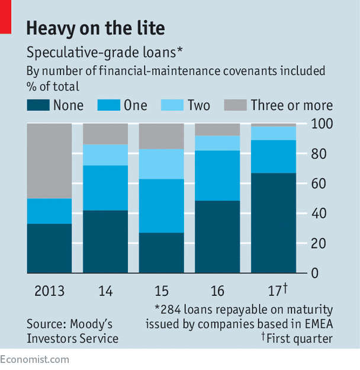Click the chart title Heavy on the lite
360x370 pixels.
click(x=95, y=27)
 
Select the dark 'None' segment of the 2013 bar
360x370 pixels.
click(x=49, y=248)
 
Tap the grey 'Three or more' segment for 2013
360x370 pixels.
click(x=49, y=160)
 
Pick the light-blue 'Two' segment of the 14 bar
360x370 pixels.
click(x=105, y=155)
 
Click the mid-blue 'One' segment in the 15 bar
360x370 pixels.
click(x=161, y=205)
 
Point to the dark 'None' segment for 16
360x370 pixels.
click(x=217, y=237)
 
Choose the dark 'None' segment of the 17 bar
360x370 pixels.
click(x=274, y=223)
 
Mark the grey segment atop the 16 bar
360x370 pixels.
click(x=217, y=129)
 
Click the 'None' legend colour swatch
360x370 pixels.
click(x=37, y=105)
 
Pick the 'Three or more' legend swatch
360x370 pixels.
click(x=235, y=105)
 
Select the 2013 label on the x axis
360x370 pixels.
click(x=49, y=291)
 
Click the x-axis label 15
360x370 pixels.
click(x=161, y=291)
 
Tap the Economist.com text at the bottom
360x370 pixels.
click(x=34, y=359)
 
